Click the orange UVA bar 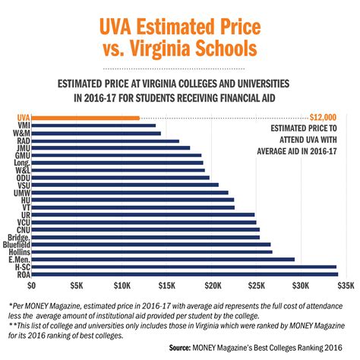click(x=85, y=118)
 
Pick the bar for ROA click(x=183, y=274)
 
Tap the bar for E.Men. click(x=163, y=259)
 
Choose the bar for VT click(x=132, y=207)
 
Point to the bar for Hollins click(x=151, y=251)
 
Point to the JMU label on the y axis click(x=21, y=148)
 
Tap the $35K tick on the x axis click(x=346, y=287)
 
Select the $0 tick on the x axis click(x=31, y=287)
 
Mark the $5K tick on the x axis click(x=76, y=287)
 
